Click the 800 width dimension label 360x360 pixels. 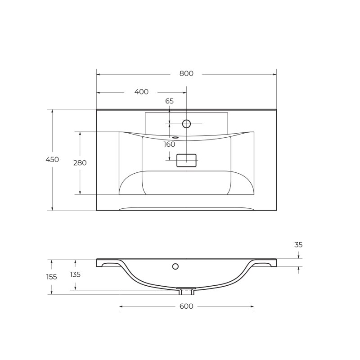(x=186, y=74)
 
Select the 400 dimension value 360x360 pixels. (x=141, y=92)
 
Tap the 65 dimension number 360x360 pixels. (x=169, y=101)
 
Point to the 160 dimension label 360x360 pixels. (x=169, y=144)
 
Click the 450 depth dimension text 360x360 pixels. (x=52, y=159)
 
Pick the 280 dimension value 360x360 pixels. (x=80, y=163)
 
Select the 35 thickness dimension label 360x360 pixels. (x=298, y=245)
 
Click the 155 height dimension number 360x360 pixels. (x=52, y=277)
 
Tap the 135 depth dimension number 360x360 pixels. (x=75, y=274)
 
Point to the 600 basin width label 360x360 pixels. (x=186, y=306)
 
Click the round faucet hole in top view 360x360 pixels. (x=186, y=123)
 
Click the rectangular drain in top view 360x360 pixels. (x=186, y=161)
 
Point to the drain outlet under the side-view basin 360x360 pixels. (x=186, y=291)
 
